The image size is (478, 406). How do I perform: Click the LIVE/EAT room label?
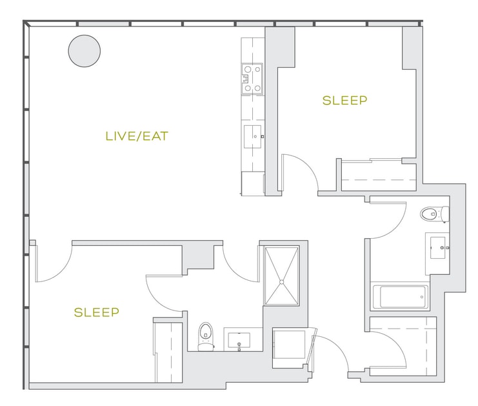point(137,136)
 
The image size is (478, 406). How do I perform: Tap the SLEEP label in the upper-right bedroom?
point(344,100)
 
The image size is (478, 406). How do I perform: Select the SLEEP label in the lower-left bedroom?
point(96,312)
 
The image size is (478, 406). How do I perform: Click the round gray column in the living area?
point(85,51)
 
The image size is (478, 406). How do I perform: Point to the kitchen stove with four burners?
point(252,79)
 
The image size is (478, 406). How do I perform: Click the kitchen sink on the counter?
point(253,136)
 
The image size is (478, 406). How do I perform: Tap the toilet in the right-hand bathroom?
point(435,214)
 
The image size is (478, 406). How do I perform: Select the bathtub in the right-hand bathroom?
point(400,297)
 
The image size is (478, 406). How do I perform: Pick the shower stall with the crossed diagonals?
point(281,276)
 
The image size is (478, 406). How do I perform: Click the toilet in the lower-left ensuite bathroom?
point(206,336)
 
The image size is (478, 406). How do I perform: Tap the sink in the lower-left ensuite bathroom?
point(239,340)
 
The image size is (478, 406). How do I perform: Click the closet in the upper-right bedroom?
point(379,175)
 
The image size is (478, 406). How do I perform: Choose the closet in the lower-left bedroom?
point(168,352)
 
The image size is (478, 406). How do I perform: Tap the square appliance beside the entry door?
point(289,344)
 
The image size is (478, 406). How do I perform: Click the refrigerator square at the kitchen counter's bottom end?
point(253,183)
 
